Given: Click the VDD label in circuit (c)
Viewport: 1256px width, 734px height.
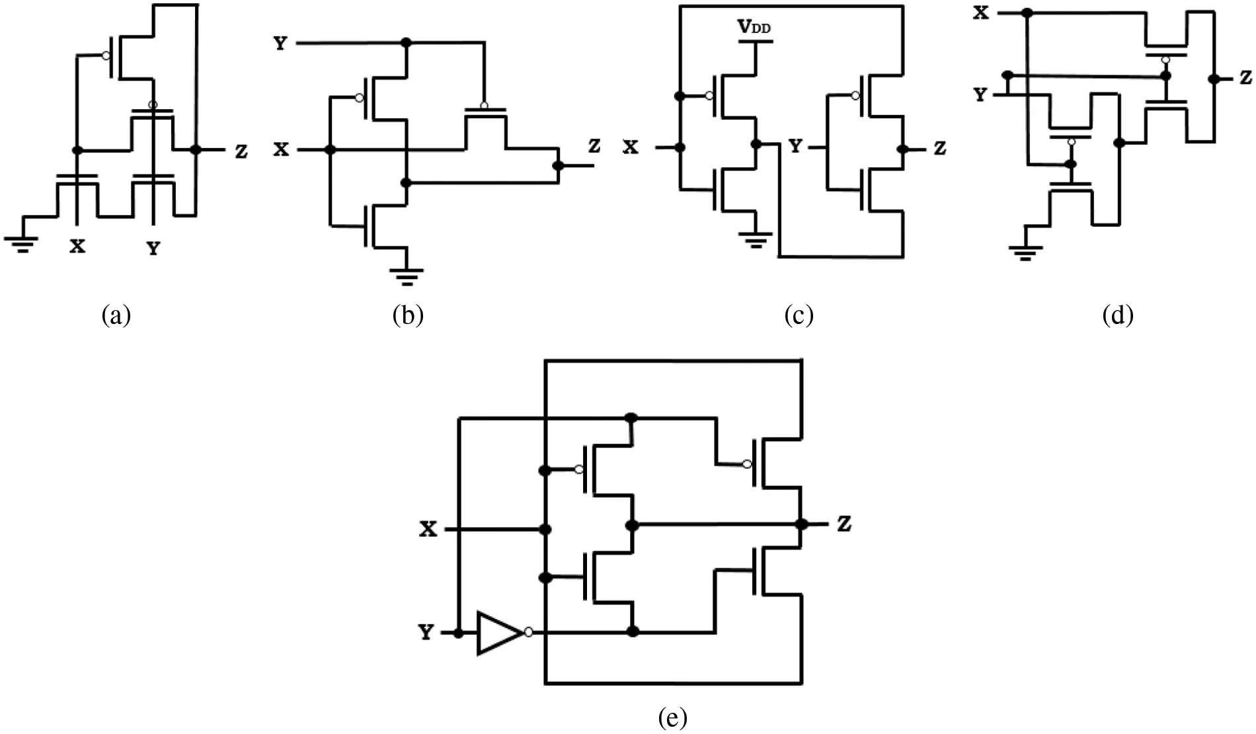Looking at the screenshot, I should (754, 28).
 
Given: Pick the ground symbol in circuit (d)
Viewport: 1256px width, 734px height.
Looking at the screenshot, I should (1025, 252).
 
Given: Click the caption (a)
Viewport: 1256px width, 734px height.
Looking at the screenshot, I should (116, 315).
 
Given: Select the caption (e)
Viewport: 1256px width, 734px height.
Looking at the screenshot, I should (673, 717).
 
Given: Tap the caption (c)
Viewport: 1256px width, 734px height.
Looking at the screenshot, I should (798, 315).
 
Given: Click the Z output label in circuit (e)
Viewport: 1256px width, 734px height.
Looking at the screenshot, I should (844, 525).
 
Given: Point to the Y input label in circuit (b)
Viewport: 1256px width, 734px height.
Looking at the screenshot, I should (281, 45).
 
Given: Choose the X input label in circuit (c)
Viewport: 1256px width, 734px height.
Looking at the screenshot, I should (631, 147).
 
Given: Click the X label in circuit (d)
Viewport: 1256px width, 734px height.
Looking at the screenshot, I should (981, 13).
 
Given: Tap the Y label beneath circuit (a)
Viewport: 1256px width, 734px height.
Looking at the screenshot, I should (153, 249).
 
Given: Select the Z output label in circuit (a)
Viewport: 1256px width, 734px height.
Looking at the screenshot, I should (241, 151).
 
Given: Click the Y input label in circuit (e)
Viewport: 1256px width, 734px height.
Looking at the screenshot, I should (426, 633).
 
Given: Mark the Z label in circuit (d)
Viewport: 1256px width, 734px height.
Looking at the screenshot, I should (1245, 78).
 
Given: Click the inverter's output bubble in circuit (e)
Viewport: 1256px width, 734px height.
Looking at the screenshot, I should (528, 633).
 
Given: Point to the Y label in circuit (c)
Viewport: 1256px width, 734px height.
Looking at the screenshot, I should (796, 147).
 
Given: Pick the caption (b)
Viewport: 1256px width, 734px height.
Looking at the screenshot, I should (407, 315).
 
